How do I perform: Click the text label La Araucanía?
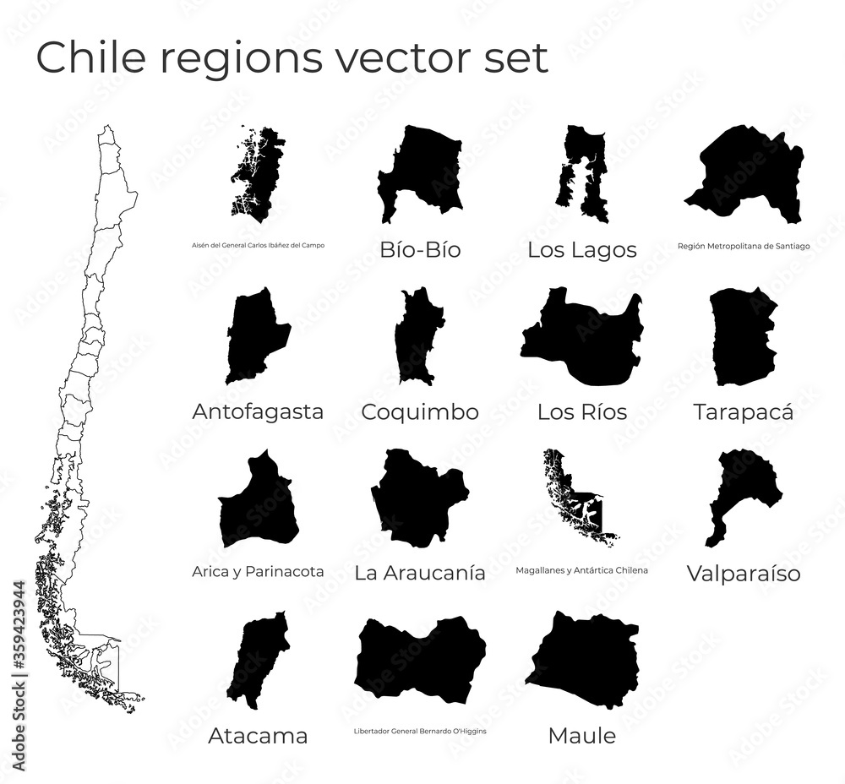[420, 573]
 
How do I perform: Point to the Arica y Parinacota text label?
[258, 572]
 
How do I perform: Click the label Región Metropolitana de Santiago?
[744, 247]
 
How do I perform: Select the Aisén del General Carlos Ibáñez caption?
[258, 246]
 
